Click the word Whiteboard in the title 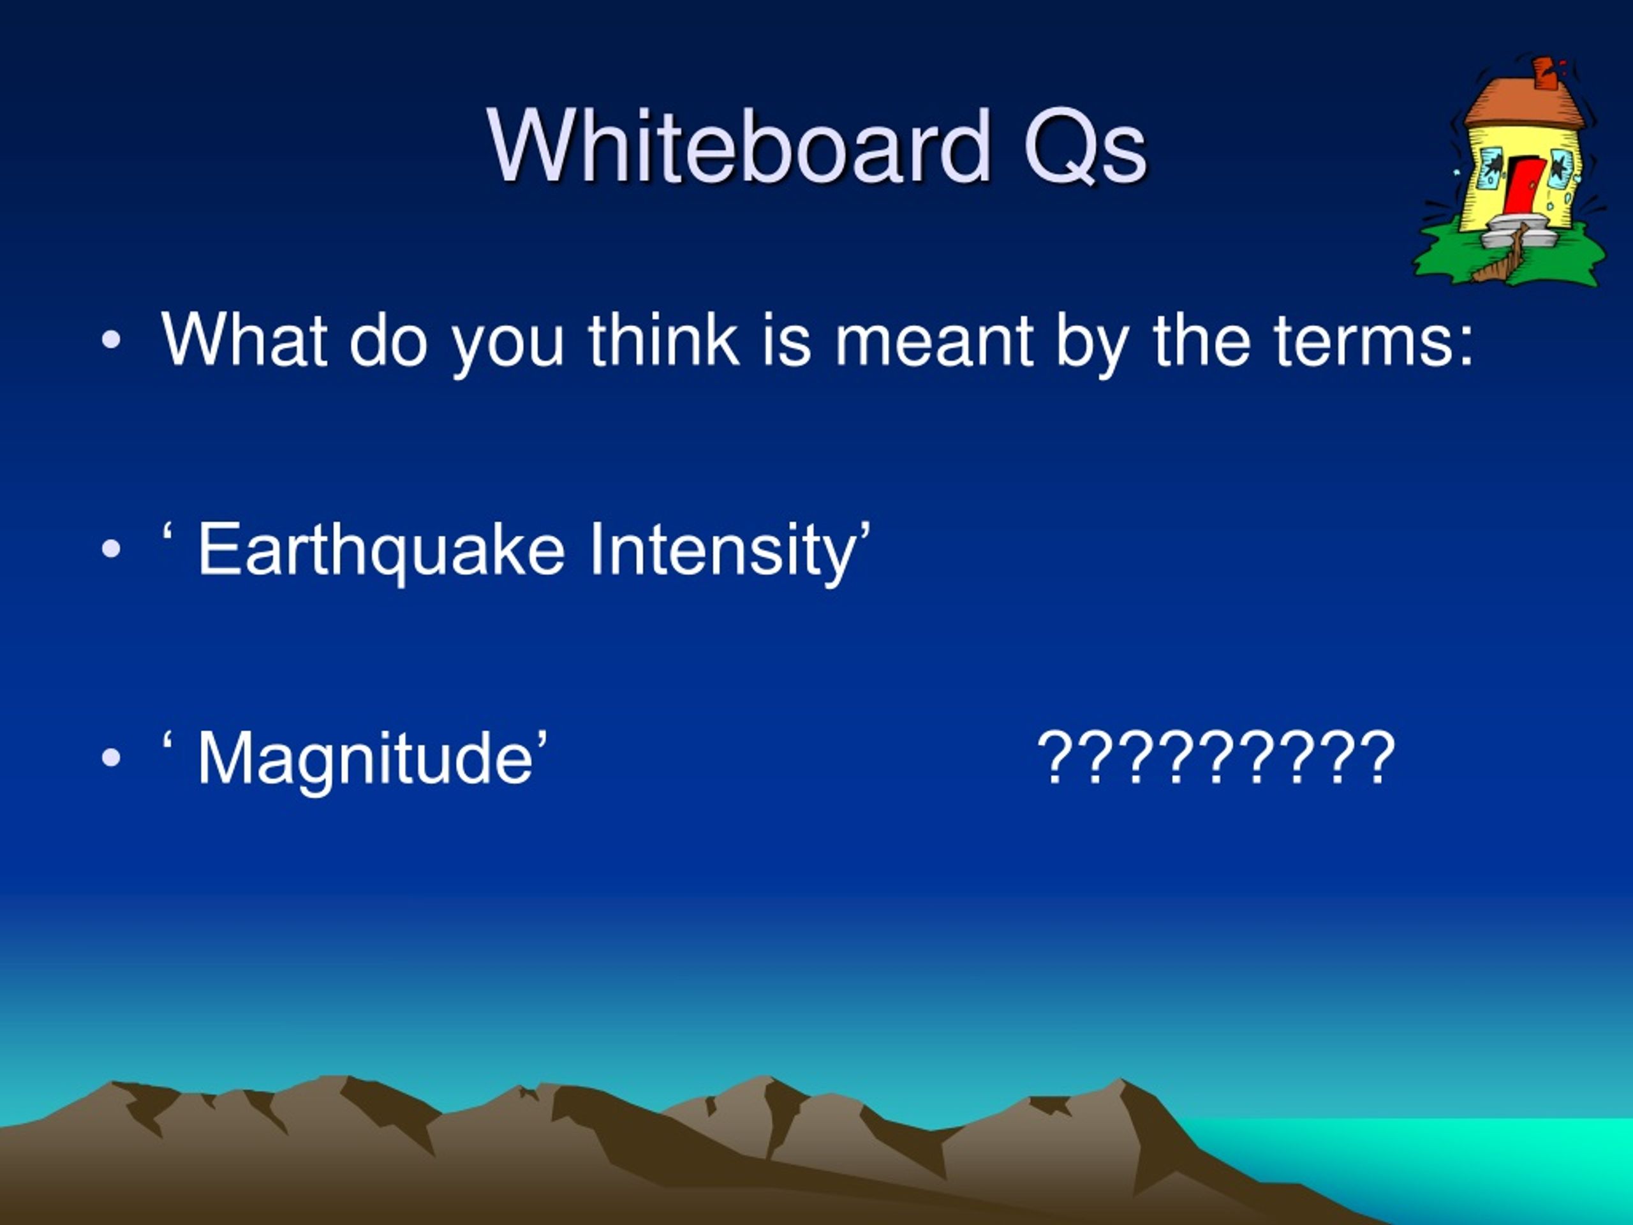[738, 145]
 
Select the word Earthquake [381, 549]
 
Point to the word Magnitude [366, 759]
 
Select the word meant [934, 342]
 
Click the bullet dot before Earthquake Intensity [111, 549]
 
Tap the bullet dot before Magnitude [111, 759]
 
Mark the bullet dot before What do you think [111, 341]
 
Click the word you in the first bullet [508, 347]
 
